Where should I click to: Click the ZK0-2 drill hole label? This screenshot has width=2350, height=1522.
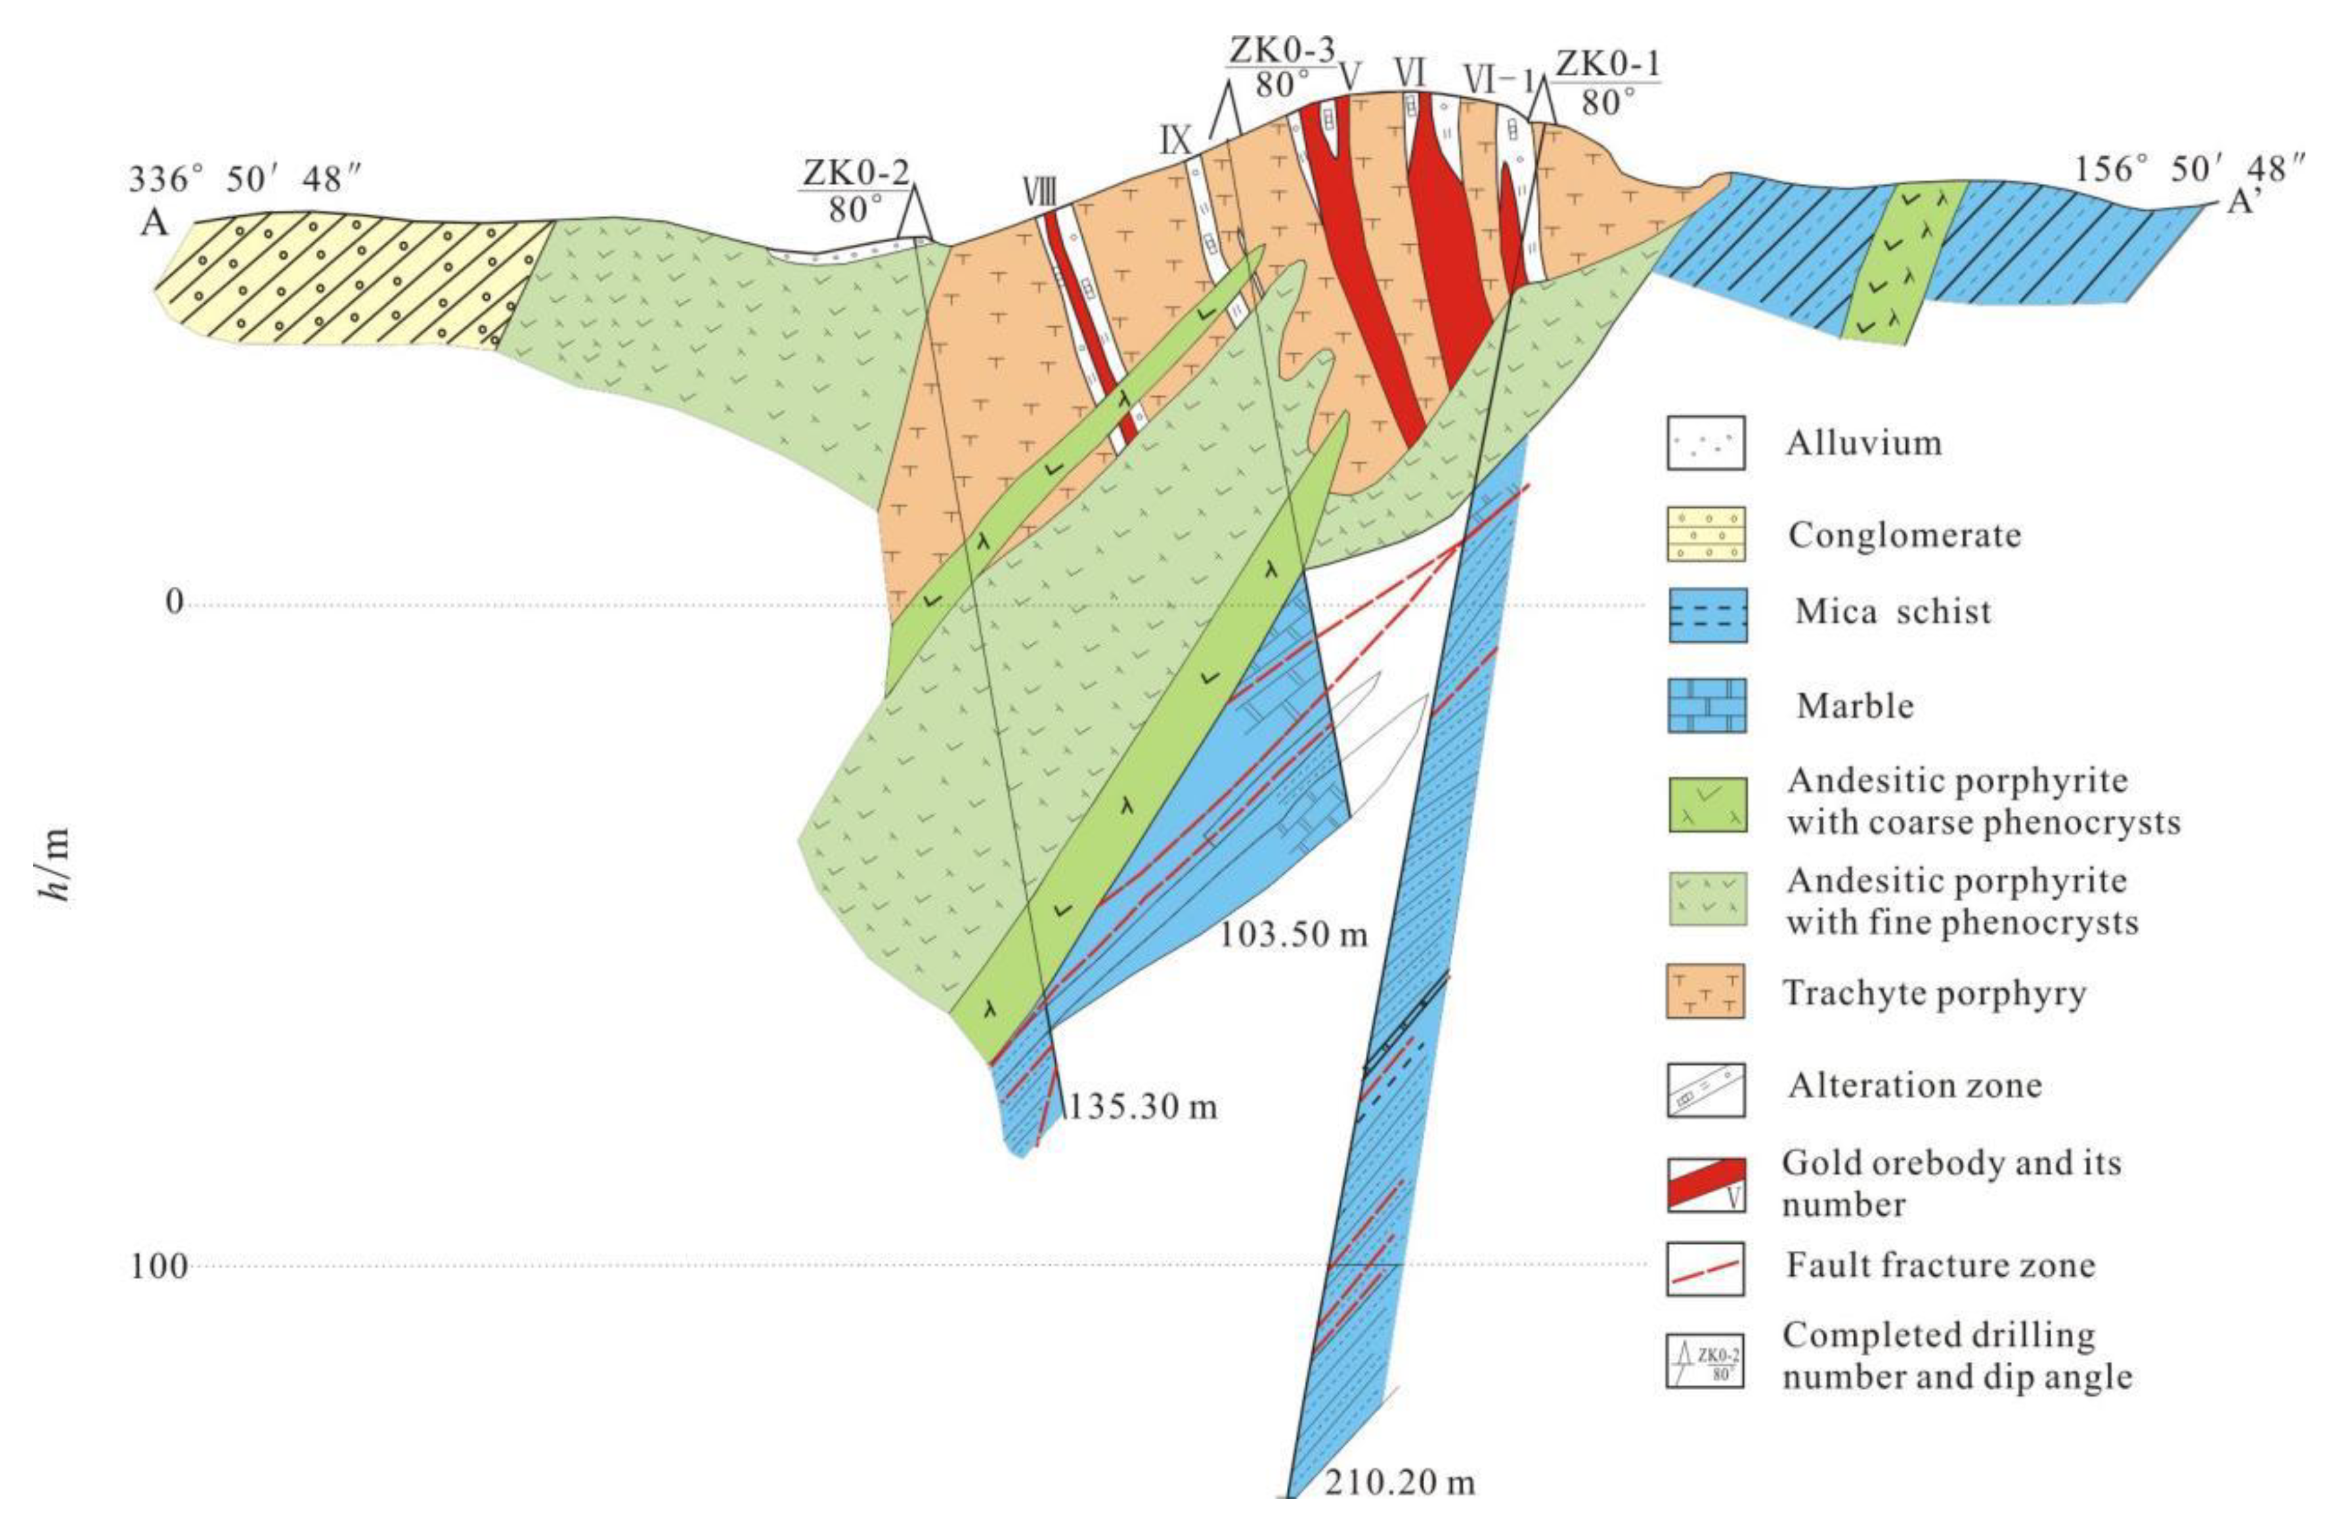click(x=855, y=173)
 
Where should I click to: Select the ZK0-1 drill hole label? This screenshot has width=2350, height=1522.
click(x=1607, y=65)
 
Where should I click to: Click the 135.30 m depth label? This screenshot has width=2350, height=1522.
click(x=1141, y=1107)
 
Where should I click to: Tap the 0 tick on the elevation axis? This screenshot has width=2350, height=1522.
click(x=174, y=601)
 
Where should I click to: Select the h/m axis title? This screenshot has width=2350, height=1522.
click(x=57, y=868)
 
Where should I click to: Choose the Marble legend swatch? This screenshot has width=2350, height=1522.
click(x=1705, y=706)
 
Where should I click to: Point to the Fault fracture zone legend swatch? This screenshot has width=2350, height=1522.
click(x=1705, y=1267)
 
